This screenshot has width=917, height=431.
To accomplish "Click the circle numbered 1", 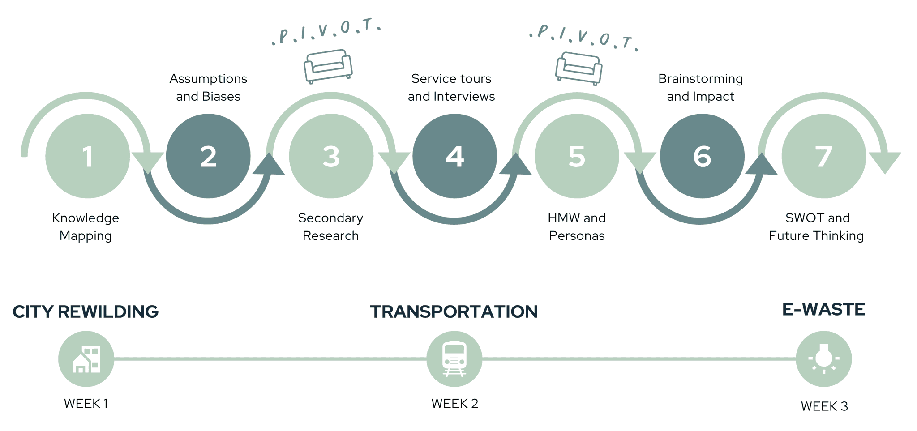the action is [x=87, y=156].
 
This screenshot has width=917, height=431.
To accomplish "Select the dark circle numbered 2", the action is [x=208, y=156].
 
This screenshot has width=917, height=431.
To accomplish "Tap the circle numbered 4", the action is [x=454, y=156].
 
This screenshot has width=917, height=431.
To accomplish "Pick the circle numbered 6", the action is [x=702, y=156].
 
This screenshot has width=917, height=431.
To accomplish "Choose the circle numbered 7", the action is [x=824, y=156].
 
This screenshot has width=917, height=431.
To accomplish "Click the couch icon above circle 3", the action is [x=328, y=66].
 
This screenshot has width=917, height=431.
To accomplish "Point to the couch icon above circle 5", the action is [x=578, y=68].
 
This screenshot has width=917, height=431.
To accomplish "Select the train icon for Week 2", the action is [x=454, y=359].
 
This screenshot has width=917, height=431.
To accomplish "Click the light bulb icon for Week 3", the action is [x=824, y=359].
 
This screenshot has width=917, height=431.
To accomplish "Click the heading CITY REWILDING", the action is [x=86, y=312].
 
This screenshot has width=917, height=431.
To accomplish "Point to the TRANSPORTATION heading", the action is [x=454, y=312].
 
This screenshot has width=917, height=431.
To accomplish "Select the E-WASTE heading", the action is [x=823, y=309].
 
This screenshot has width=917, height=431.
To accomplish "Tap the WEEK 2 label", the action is [x=454, y=404].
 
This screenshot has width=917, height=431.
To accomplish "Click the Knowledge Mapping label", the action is [x=86, y=226].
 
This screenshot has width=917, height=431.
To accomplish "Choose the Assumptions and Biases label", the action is [x=208, y=87].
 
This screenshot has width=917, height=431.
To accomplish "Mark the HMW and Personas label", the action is [x=577, y=226].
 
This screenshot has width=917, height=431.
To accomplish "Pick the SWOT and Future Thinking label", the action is [x=817, y=226].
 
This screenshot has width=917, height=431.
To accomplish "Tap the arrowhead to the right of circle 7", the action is [x=885, y=161].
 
